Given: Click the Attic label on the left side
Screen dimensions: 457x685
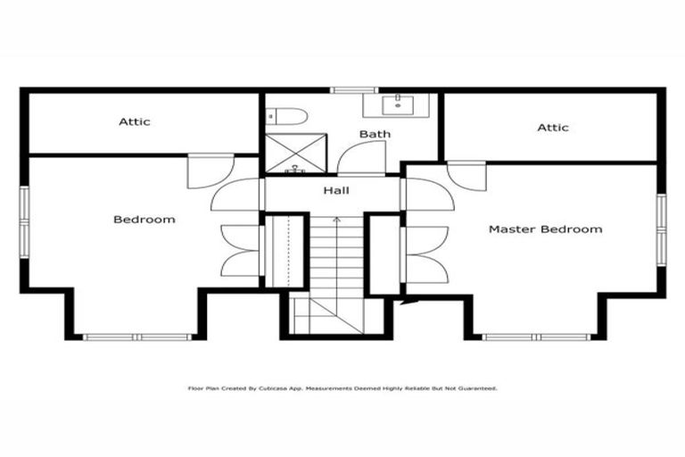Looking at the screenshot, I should [x=135, y=121].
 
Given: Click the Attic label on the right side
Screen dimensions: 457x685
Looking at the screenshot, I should [x=552, y=128].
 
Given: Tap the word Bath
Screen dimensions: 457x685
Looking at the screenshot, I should [x=375, y=135].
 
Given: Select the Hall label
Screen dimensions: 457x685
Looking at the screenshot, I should [x=336, y=190].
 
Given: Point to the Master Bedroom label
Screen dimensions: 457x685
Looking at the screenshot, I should [x=545, y=229].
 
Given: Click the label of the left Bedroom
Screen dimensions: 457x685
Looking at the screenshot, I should [x=144, y=219].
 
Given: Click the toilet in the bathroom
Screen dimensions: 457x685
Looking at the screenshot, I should [x=289, y=116].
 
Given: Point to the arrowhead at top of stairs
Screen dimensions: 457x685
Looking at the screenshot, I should [x=336, y=219].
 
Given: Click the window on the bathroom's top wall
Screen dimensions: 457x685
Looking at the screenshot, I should [x=354, y=90].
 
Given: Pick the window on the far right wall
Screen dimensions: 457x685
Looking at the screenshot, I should [x=661, y=229].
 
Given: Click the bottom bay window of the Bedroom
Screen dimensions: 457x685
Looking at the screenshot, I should [x=137, y=337].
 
